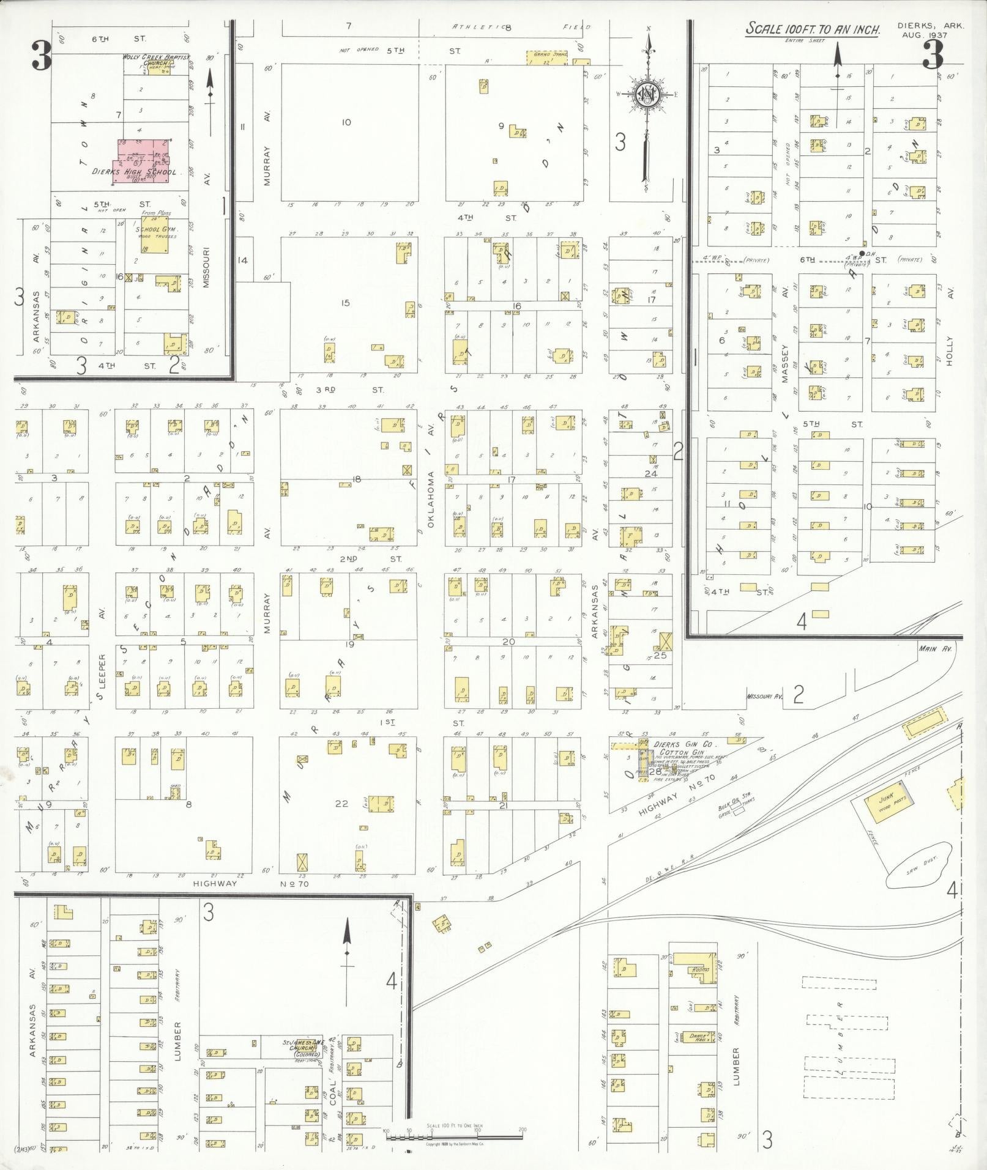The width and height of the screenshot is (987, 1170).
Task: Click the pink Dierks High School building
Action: [x=144, y=159]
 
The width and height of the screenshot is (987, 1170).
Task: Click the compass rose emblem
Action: [x=647, y=94]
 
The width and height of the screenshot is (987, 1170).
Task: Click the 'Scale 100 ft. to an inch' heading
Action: [x=812, y=29]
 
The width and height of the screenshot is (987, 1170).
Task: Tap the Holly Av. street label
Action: [x=949, y=352]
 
